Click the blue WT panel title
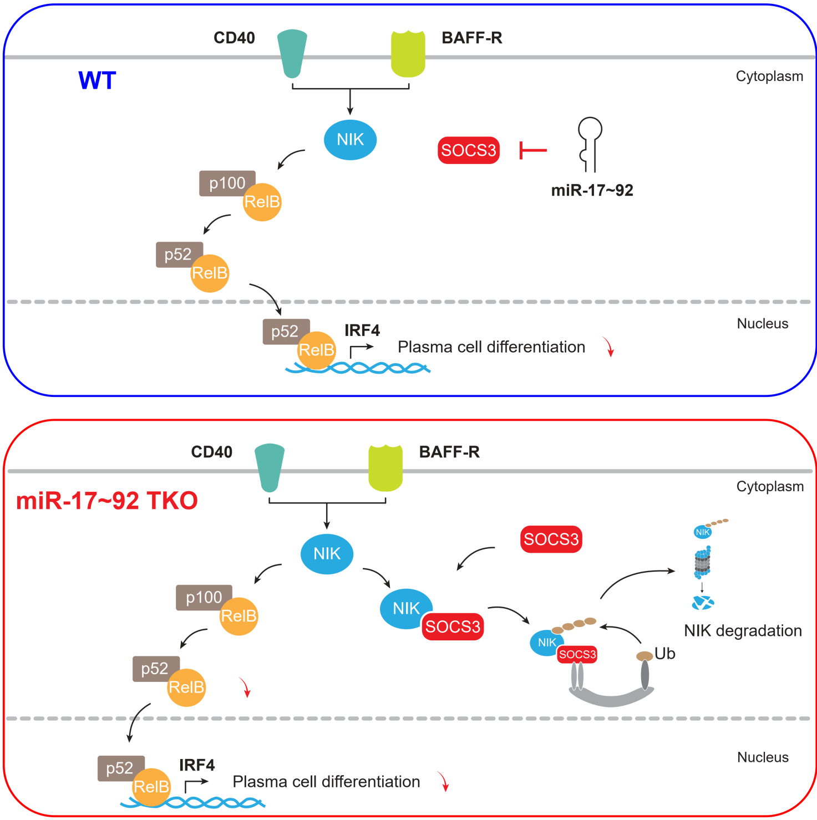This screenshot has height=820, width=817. pos(97,80)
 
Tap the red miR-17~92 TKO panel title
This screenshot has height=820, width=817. pos(107,501)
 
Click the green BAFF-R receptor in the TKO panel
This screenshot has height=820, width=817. pos(385,468)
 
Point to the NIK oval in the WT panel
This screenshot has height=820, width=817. pos(350,140)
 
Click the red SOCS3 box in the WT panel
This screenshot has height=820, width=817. pos(469,150)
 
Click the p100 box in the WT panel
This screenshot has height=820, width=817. pos(227,183)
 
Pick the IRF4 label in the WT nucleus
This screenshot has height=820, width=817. pos(362,330)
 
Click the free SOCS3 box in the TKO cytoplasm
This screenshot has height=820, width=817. pos(551,539)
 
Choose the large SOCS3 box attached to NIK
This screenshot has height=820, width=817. pos(453,627)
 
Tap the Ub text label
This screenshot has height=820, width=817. pos(665,654)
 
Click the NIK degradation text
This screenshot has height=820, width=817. pos(743,630)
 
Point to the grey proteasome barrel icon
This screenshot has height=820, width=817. pos(703,562)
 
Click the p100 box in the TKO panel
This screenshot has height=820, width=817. pos(204,597)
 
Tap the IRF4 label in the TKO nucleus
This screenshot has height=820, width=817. pos(197,765)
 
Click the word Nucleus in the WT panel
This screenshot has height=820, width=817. pos(762,324)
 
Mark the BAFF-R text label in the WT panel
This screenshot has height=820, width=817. pos(471,38)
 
